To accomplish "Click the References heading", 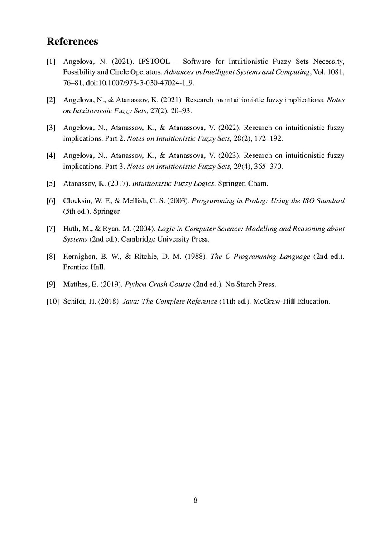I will point(72,42).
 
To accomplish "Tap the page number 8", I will point(195,500).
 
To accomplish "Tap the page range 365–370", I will point(270,167).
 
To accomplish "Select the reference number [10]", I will point(53,301).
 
